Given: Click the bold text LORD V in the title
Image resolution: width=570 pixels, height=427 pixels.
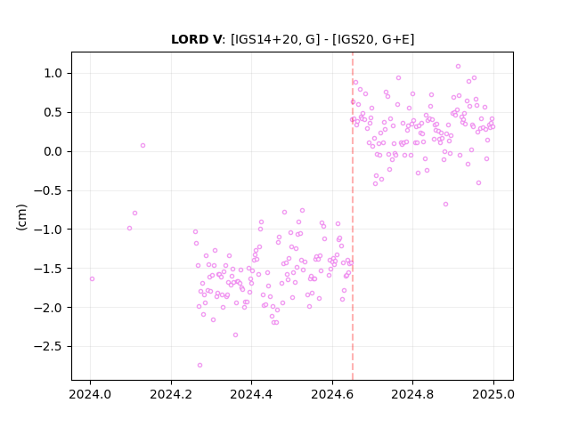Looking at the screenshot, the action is [x=196, y=39].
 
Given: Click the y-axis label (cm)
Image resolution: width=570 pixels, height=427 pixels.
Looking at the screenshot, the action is [x=21, y=217].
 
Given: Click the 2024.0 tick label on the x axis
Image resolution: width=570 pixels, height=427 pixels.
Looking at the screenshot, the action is [x=90, y=394].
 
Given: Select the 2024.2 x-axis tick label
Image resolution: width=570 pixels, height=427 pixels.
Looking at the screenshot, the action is [x=171, y=394].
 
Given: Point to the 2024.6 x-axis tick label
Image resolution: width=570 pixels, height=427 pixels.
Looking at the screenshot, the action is [x=332, y=394].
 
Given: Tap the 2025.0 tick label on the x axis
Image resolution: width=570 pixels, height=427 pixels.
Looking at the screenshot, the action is [x=493, y=394].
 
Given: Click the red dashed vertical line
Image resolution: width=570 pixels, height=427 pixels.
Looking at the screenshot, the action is [x=353, y=216].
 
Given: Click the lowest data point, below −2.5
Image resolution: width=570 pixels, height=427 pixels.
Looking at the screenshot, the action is [x=199, y=366].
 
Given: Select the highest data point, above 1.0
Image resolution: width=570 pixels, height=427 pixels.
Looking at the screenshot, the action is [x=458, y=67].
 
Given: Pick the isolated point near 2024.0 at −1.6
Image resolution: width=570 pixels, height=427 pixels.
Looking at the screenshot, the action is [x=92, y=278].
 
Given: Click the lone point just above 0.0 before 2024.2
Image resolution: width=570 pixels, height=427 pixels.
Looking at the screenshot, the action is [x=142, y=146].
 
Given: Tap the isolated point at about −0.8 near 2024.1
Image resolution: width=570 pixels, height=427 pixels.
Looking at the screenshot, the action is [x=134, y=213].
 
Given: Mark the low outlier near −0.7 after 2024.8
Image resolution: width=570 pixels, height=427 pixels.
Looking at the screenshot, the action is [x=445, y=205].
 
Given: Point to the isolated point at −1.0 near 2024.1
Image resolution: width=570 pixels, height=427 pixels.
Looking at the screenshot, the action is [x=129, y=229].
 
